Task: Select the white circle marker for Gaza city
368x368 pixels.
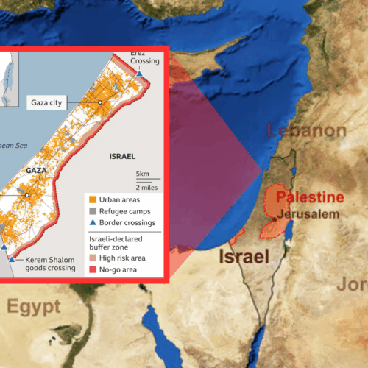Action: coord(100,102)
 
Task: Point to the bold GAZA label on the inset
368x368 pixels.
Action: coord(36,169)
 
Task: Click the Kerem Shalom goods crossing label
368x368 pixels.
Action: coord(51,263)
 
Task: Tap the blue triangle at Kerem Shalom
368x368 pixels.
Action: coord(11,259)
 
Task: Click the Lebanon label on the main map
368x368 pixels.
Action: coord(306,132)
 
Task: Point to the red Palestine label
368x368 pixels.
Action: coord(309,197)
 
